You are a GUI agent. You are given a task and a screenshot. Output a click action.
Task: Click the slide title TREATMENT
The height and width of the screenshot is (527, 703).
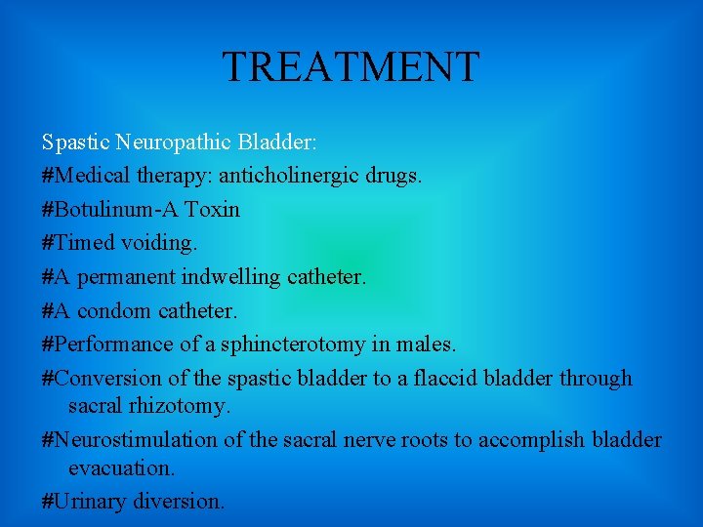351,67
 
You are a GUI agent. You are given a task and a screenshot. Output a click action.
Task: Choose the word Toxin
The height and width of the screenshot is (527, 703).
212,210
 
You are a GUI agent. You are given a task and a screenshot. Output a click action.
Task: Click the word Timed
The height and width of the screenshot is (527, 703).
83,243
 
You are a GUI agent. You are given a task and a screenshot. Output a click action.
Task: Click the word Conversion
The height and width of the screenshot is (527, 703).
103,378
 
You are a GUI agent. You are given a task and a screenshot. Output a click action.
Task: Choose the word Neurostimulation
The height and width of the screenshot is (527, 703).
136,439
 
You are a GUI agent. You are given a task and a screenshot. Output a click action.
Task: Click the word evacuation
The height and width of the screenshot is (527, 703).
121,467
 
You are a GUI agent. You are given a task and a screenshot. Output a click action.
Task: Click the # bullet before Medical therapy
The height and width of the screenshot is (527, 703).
48,177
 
